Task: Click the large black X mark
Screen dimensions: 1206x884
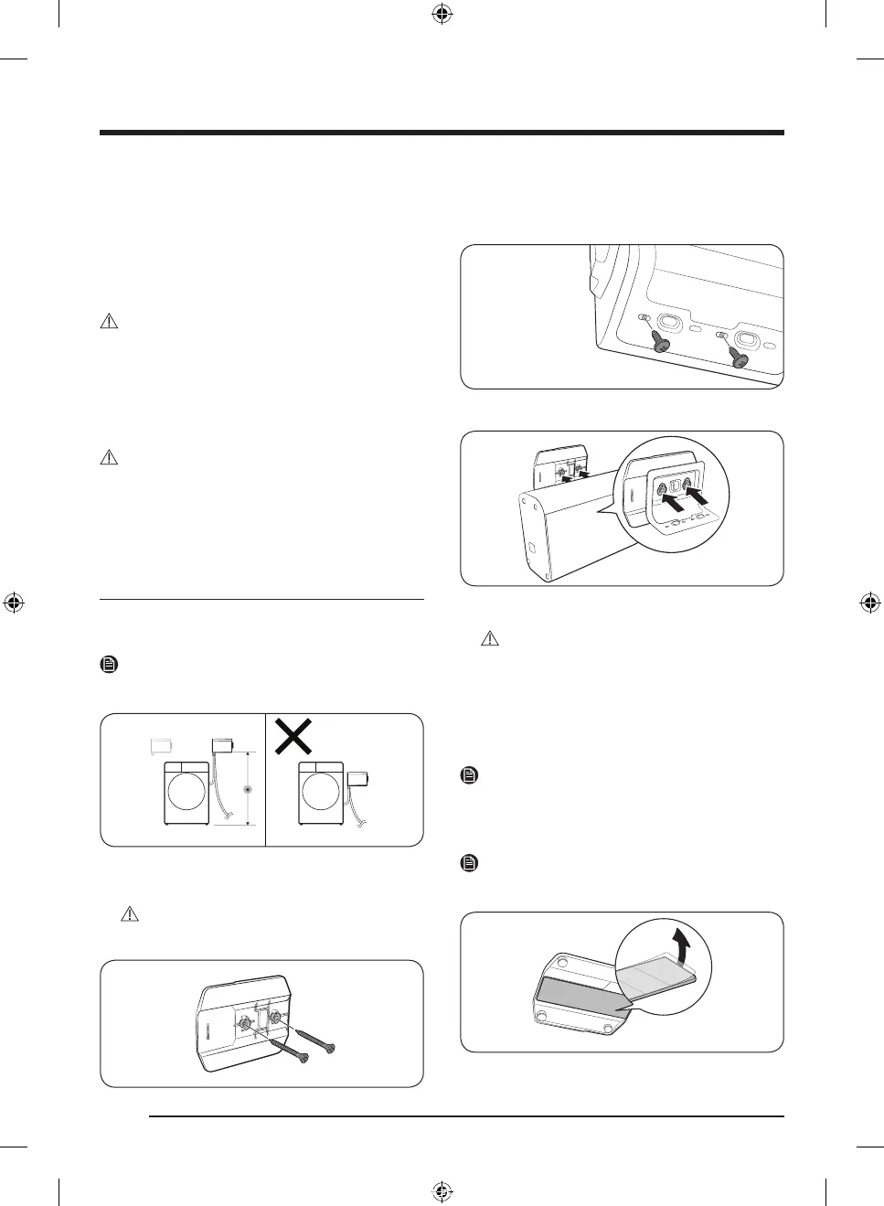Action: [293, 737]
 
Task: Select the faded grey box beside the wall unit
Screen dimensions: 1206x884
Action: [163, 746]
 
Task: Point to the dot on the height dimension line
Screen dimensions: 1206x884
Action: [247, 788]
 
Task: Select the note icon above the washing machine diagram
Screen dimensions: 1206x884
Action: [108, 665]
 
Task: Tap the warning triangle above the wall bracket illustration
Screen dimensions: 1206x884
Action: [129, 913]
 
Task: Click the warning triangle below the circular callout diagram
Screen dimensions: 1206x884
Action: [491, 638]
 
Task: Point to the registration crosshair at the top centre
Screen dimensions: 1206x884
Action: [442, 14]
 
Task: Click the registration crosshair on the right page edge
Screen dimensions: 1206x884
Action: [870, 603]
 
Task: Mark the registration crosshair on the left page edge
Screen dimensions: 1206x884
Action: [14, 603]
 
